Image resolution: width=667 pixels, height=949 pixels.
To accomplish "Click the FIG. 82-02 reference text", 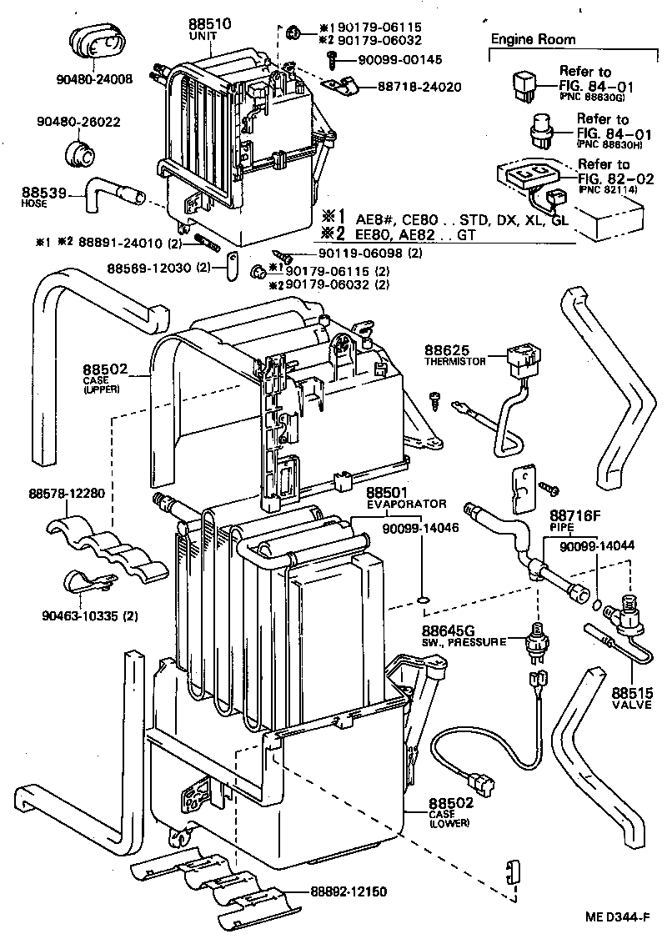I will coord(616,178).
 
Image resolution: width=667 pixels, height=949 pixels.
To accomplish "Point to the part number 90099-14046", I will coord(422,528).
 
